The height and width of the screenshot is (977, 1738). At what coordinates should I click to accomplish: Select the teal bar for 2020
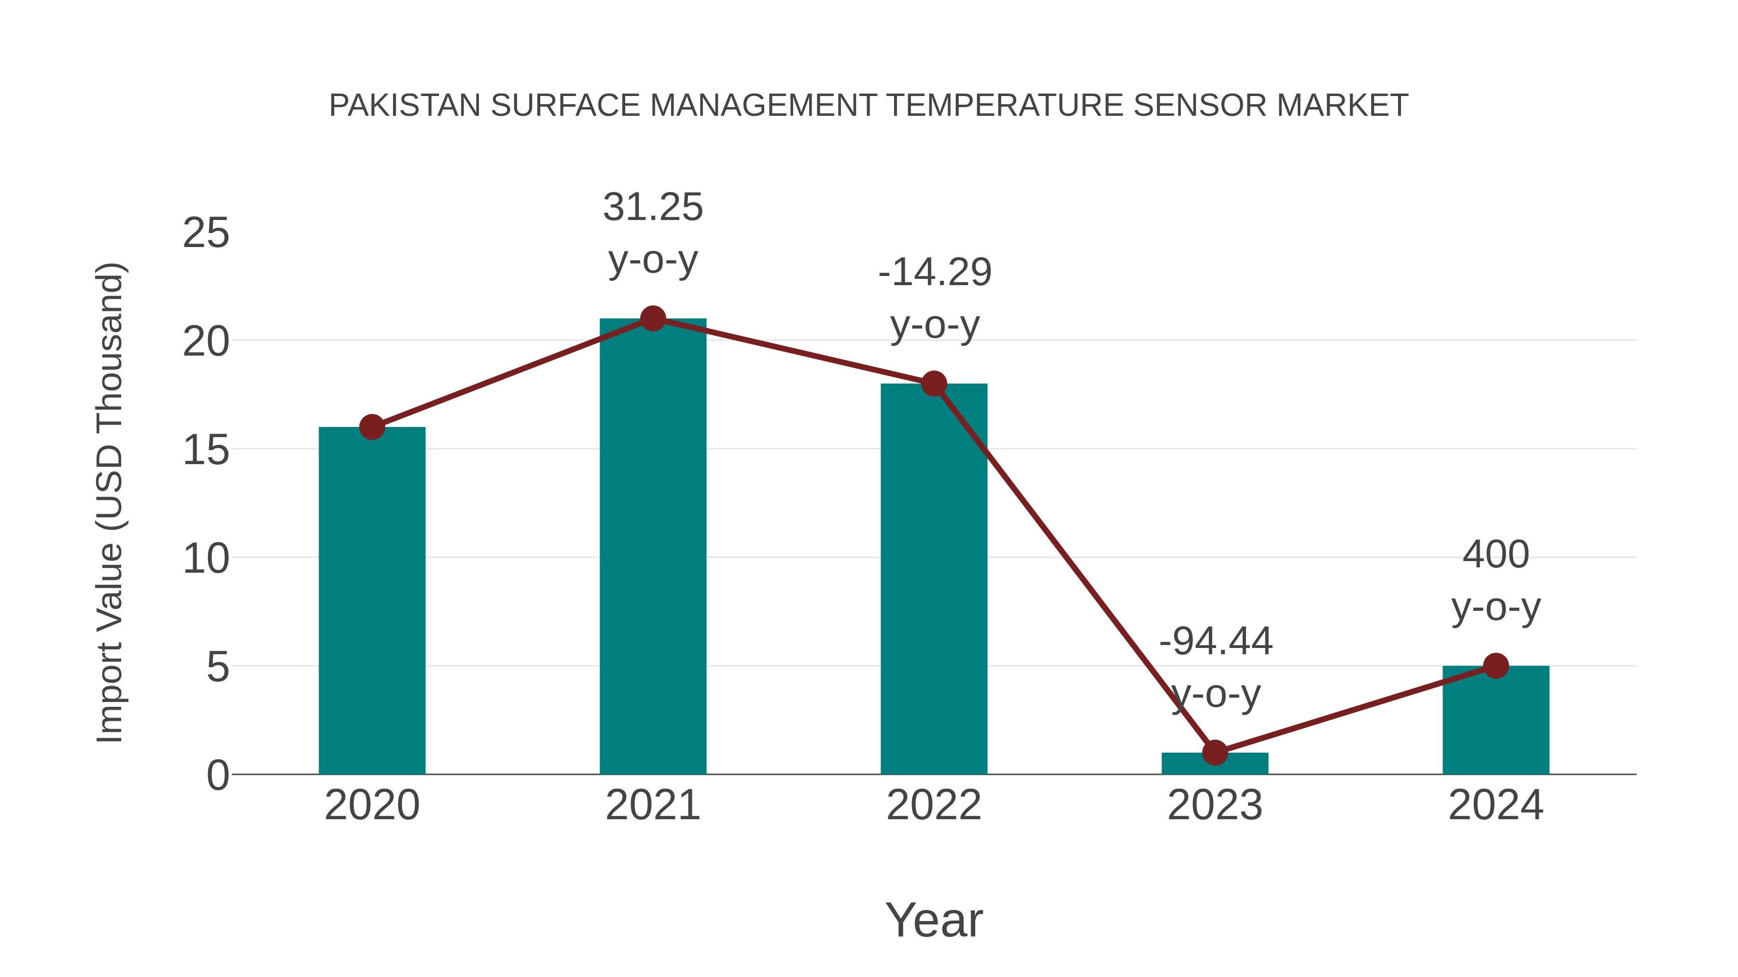(372, 600)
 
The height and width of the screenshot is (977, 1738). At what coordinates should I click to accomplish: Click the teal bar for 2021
(652, 546)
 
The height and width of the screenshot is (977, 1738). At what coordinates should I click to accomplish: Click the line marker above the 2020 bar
(372, 427)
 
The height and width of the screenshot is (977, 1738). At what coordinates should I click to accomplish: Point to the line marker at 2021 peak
(652, 318)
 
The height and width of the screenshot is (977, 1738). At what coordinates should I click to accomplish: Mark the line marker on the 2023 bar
(1215, 753)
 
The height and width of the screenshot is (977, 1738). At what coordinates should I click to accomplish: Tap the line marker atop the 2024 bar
(1496, 665)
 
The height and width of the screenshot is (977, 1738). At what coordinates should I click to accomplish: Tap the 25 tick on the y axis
(206, 234)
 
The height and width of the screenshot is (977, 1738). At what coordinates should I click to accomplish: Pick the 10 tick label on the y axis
(206, 559)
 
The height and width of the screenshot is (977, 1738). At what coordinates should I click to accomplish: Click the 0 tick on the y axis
(218, 775)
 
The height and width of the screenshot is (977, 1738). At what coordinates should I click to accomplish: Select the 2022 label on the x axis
(934, 805)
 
